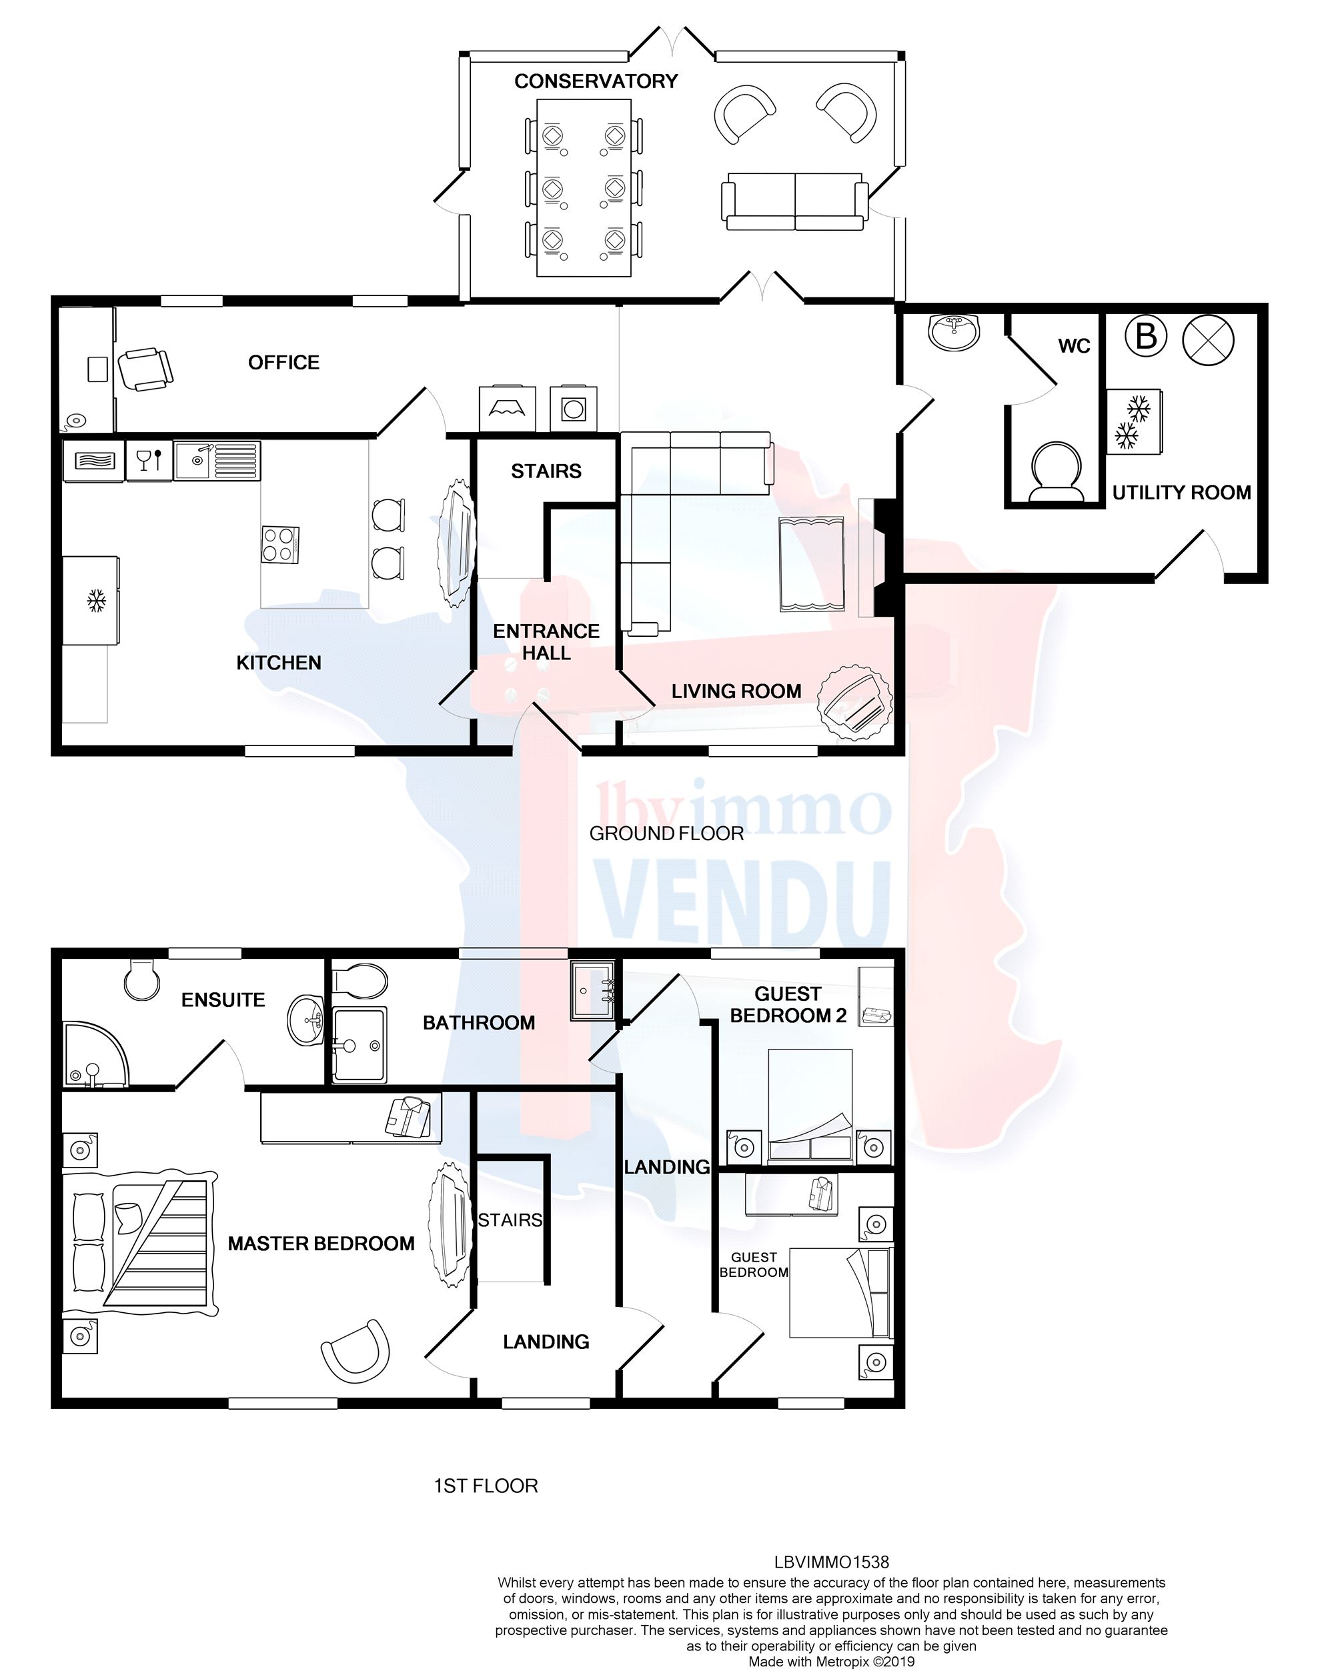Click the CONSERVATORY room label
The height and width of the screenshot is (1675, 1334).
click(x=595, y=81)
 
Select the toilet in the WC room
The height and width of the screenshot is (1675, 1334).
click(x=1055, y=471)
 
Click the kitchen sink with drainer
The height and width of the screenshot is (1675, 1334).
click(x=217, y=461)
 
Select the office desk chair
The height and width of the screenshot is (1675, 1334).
click(x=145, y=369)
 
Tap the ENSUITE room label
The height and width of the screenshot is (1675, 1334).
click(x=223, y=1000)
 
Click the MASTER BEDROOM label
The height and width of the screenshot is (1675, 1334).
click(x=321, y=1244)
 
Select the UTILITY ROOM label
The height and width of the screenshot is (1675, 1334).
click(x=1181, y=493)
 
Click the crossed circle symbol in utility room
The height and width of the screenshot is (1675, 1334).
click(x=1207, y=339)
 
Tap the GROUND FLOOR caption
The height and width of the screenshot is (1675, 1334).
click(x=666, y=833)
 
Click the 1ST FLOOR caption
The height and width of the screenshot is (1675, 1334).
click(x=486, y=1486)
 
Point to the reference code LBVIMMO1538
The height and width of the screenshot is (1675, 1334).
click(x=831, y=1562)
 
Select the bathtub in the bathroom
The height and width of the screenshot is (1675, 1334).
click(x=359, y=1045)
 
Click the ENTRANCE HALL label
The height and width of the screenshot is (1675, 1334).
click(x=546, y=641)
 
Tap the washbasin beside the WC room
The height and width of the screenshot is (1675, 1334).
click(x=953, y=332)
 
